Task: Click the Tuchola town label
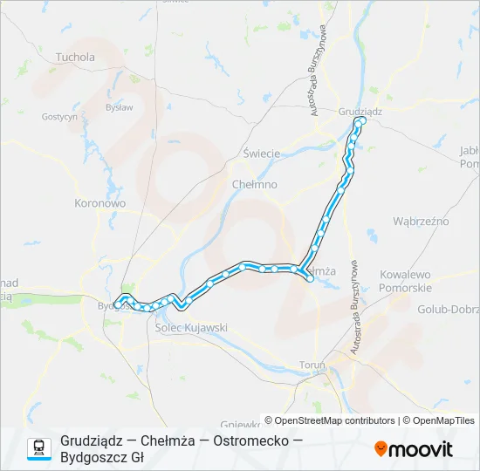(x=75, y=58)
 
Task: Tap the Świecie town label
(x=262, y=154)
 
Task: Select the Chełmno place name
(x=255, y=185)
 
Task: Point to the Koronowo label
(x=101, y=202)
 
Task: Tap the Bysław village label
(x=119, y=107)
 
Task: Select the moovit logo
(x=414, y=449)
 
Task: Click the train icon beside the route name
(x=39, y=448)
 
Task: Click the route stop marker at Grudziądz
(x=360, y=121)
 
